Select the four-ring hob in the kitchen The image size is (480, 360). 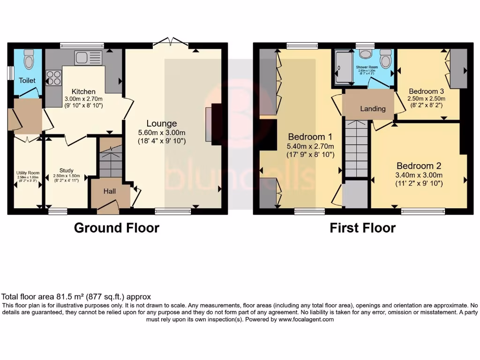(x=53, y=77)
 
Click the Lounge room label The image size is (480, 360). (x=162, y=123)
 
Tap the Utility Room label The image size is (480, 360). (x=27, y=173)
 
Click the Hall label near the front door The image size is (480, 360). (x=109, y=191)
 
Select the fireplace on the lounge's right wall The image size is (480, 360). (x=215, y=122)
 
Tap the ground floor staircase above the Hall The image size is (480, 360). (x=111, y=162)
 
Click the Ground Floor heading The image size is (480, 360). (x=117, y=228)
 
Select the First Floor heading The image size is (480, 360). (x=362, y=228)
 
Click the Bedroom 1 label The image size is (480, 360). (x=310, y=137)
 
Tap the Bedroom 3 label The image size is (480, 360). (x=426, y=91)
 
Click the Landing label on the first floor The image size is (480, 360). (x=373, y=109)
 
